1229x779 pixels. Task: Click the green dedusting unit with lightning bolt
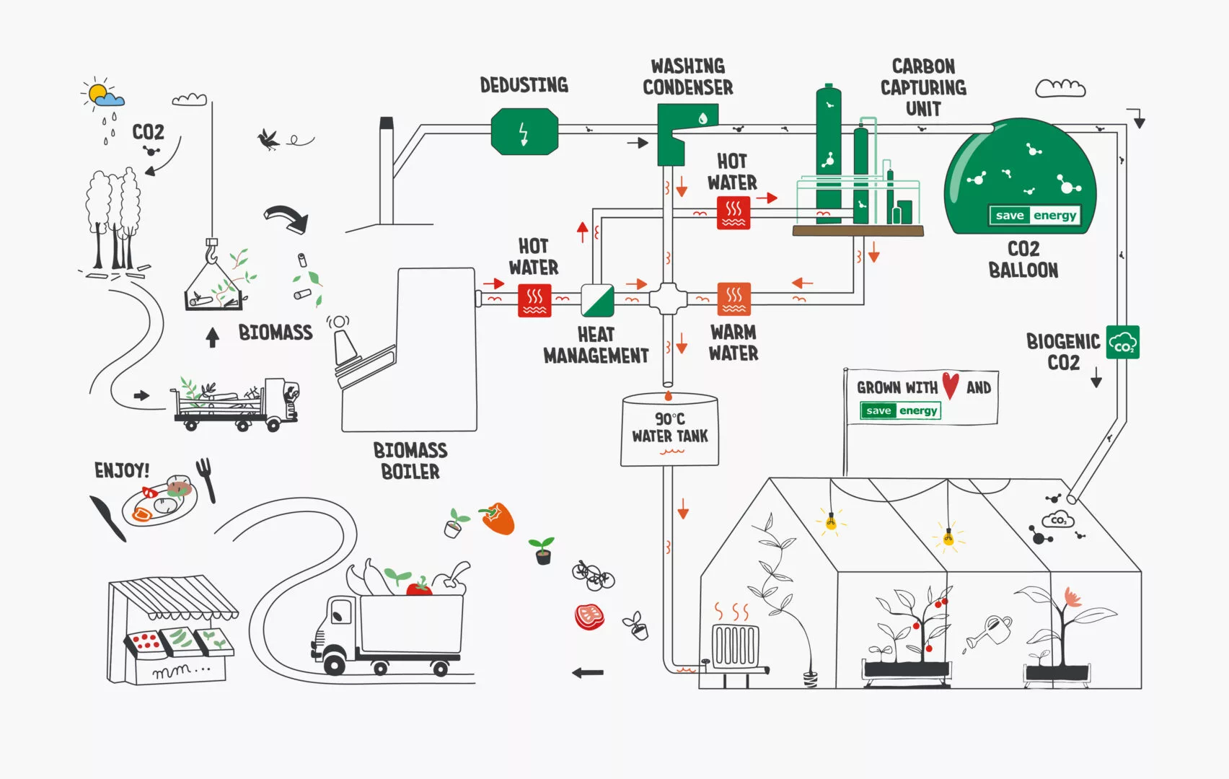pyautogui.click(x=524, y=132)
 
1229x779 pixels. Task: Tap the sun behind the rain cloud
pyautogui.click(x=97, y=92)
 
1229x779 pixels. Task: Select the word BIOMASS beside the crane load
pyautogui.click(x=276, y=333)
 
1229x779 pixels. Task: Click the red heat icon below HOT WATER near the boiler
pyautogui.click(x=534, y=300)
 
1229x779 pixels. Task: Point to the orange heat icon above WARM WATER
pyautogui.click(x=734, y=299)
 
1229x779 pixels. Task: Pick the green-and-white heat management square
pyautogui.click(x=597, y=300)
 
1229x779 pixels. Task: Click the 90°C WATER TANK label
pyautogui.click(x=670, y=428)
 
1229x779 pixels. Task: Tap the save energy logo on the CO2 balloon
pyautogui.click(x=1035, y=215)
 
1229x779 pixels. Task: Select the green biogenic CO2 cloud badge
pyautogui.click(x=1122, y=342)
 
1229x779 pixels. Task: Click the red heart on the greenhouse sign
pyautogui.click(x=951, y=385)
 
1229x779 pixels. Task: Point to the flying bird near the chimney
pyautogui.click(x=270, y=138)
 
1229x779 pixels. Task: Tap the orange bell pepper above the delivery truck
pyautogui.click(x=498, y=518)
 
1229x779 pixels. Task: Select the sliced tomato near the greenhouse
pyautogui.click(x=589, y=617)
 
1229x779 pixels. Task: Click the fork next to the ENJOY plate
pyautogui.click(x=206, y=478)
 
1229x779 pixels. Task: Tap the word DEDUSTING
pyautogui.click(x=524, y=85)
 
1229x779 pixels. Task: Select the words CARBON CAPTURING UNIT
pyautogui.click(x=923, y=87)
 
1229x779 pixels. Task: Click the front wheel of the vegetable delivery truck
pyautogui.click(x=334, y=662)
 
